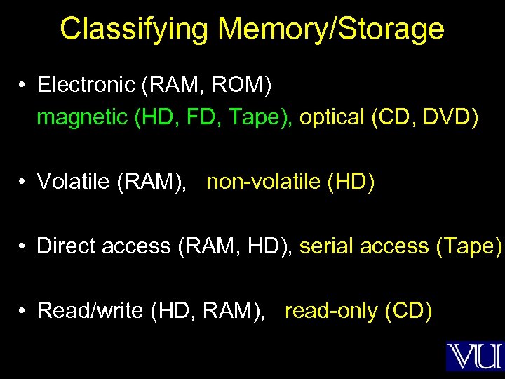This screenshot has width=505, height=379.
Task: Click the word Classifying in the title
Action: (134, 29)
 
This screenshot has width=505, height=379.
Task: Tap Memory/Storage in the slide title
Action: (331, 29)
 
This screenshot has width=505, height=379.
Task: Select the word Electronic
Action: (86, 85)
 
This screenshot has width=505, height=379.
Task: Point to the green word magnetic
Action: (81, 117)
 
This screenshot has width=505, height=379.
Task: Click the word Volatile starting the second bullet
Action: (74, 182)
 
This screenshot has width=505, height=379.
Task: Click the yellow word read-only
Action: (330, 310)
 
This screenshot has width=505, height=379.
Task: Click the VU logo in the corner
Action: (474, 356)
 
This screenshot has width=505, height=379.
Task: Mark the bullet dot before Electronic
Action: (23, 86)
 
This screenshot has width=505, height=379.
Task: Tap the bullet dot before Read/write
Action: (23, 311)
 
